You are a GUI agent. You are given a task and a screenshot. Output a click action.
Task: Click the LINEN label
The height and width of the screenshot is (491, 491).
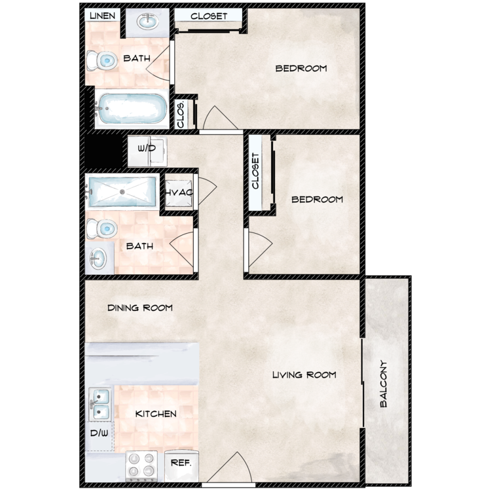(102, 16)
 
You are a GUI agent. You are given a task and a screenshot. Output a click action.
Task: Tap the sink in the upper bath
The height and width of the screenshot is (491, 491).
(147, 22)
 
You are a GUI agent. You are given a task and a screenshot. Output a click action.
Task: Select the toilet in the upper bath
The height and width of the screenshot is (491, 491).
(101, 60)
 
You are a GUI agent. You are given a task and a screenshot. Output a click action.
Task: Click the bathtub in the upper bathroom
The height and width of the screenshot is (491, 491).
(132, 109)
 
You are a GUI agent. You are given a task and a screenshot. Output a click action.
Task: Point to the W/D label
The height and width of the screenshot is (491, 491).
(147, 148)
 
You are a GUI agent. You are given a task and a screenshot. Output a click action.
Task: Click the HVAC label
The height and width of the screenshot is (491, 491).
(179, 192)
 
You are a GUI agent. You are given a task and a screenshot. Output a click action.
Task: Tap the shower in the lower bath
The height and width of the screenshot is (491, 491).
(122, 192)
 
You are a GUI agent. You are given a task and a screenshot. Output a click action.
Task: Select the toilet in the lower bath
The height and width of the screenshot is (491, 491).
(101, 229)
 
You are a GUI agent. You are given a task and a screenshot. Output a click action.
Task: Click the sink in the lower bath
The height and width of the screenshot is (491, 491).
(98, 259)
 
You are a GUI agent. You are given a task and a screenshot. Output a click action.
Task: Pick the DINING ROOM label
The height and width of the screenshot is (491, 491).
(140, 308)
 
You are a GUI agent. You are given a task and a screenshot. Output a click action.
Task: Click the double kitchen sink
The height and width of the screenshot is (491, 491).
(100, 404)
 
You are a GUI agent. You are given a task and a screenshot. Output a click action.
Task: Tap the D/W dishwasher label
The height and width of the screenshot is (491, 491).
(99, 433)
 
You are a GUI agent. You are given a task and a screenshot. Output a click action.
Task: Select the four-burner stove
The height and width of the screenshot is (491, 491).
(141, 465)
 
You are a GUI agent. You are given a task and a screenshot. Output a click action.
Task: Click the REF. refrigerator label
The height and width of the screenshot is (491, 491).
(181, 463)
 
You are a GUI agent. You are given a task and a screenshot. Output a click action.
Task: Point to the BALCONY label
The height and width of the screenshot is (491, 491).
(383, 384)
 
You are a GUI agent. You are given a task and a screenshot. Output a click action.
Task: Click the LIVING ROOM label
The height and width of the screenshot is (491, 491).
(304, 374)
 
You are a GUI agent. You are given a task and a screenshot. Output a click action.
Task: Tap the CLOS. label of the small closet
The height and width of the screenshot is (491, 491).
(181, 114)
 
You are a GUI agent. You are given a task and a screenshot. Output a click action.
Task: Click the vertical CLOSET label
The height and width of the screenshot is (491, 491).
(255, 171)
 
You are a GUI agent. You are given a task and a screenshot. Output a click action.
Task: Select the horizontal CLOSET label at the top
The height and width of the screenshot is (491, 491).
(209, 16)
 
